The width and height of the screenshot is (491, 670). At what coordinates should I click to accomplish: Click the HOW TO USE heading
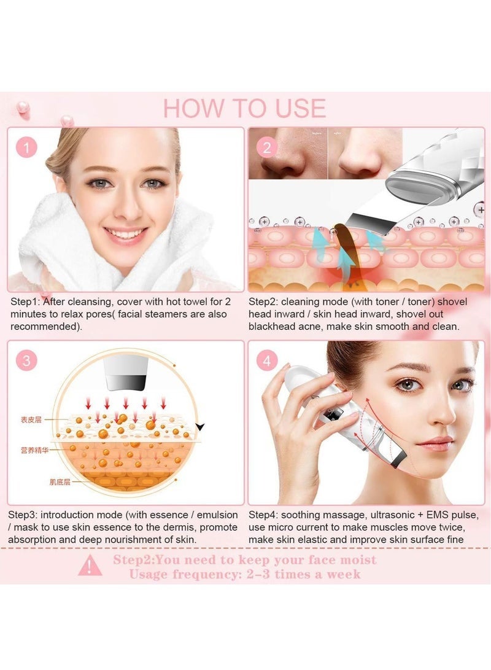point(244,108)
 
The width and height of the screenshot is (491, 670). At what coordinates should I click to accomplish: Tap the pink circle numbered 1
point(26,147)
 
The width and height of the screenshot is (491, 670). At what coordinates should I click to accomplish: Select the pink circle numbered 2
point(266,147)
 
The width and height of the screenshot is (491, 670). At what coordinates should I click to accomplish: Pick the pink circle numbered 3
point(26,360)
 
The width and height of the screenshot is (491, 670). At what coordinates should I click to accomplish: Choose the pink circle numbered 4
point(266,360)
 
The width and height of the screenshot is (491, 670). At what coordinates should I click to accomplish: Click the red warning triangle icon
point(91,566)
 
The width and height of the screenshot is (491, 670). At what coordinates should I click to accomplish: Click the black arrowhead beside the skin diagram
point(199,426)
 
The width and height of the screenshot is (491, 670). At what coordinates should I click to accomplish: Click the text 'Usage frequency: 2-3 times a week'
point(245,574)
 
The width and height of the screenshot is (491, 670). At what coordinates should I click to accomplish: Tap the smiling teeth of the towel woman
point(126,234)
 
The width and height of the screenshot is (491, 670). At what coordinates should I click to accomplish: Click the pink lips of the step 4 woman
point(436,443)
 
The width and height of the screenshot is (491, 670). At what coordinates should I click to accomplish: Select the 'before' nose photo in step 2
point(287,154)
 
